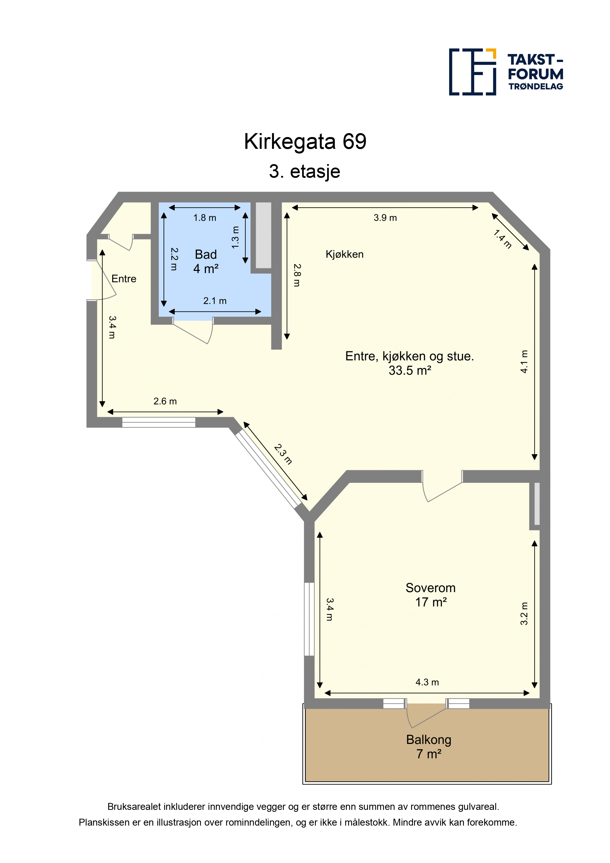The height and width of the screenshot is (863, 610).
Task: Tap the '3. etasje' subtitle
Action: [x=305, y=171]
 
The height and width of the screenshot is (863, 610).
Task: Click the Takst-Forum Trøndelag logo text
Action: [x=535, y=72]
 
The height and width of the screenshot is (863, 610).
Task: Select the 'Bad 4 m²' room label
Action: [x=206, y=262]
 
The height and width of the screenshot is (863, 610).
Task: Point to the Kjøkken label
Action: [x=344, y=254]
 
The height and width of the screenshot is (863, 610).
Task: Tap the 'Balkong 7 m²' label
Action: [x=428, y=746]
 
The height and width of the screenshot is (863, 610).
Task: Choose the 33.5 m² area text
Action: [x=410, y=370]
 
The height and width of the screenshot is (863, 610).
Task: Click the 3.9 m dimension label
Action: [x=385, y=218]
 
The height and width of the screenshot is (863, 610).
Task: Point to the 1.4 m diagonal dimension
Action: [x=503, y=239]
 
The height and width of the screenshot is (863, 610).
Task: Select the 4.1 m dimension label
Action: [x=524, y=362]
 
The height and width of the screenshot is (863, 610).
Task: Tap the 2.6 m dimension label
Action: [x=165, y=401]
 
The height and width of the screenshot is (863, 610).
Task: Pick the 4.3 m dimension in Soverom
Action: [x=427, y=682]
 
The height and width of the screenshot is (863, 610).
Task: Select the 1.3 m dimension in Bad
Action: [x=235, y=237]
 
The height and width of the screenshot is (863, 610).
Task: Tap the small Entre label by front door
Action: [x=124, y=279]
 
